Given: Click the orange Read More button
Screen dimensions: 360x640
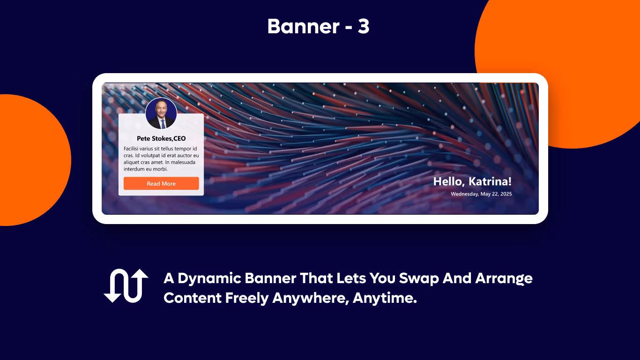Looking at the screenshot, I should click(x=161, y=183).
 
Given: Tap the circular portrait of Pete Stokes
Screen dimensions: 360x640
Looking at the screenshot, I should click(x=161, y=113).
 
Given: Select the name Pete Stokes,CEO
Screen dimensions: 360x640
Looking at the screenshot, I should click(x=161, y=138).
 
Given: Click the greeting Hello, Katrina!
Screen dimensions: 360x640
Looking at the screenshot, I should click(x=472, y=182).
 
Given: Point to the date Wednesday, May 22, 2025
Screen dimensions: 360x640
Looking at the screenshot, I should click(x=481, y=194).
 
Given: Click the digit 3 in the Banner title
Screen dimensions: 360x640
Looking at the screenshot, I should click(x=364, y=27).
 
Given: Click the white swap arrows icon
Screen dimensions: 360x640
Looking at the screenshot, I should click(x=126, y=285).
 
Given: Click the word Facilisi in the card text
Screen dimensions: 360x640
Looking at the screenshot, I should click(x=133, y=149).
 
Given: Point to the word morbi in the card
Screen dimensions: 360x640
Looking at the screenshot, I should click(x=161, y=169).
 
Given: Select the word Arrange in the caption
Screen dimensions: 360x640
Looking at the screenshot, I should click(x=504, y=278).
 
